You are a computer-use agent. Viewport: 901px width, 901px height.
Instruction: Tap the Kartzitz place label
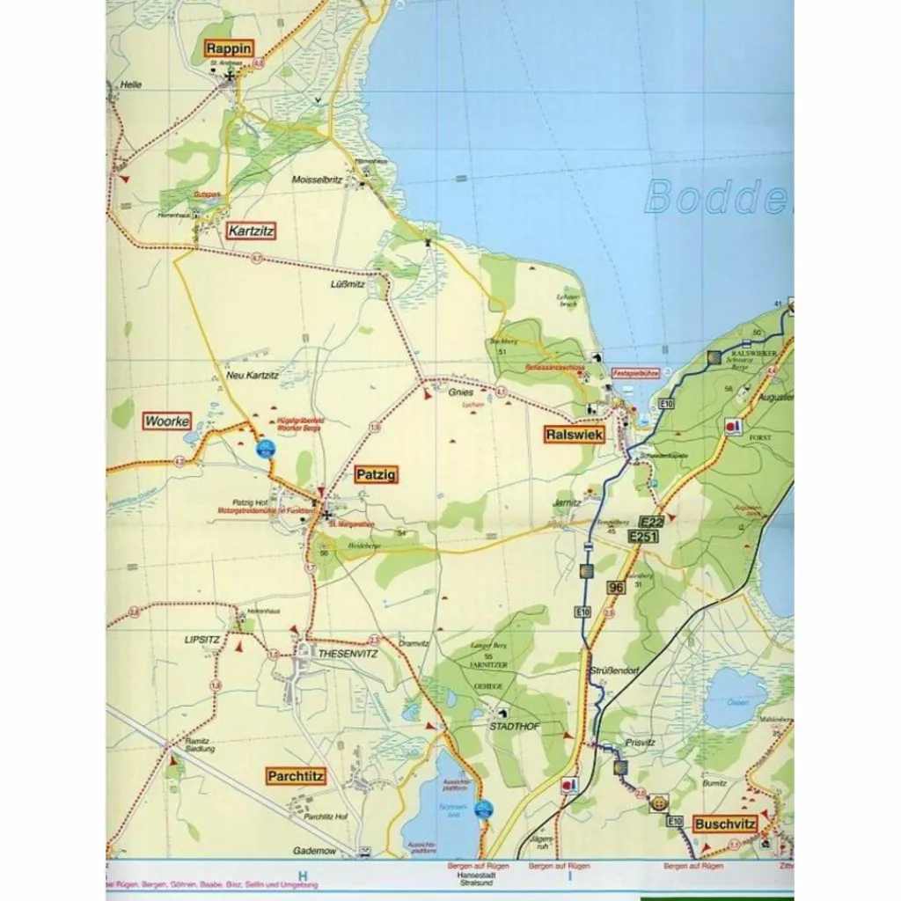251,231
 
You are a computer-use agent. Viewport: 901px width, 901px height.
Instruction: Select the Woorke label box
167,421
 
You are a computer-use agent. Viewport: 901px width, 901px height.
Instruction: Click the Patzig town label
376,475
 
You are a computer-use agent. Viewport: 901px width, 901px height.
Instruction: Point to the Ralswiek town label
573,434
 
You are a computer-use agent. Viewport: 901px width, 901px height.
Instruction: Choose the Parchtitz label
297,776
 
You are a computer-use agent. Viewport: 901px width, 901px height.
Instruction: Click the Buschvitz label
724,824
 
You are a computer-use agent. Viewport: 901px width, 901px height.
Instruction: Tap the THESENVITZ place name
340,654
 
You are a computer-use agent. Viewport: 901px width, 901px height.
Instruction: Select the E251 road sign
643,535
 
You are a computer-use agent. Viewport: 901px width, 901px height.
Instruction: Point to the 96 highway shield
616,587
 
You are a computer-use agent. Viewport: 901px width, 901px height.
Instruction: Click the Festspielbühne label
635,373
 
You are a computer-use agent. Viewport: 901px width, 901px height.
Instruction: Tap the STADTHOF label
515,727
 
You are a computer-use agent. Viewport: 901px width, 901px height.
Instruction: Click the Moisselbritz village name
317,179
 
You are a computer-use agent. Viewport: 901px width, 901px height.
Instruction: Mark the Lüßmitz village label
347,283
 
